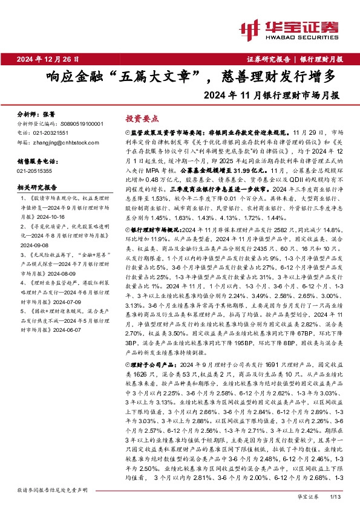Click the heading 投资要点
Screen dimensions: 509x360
(x=139, y=120)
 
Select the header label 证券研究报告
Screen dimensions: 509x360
(x=270, y=59)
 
